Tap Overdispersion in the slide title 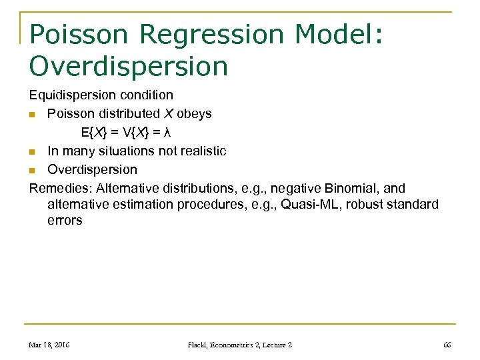[129, 66]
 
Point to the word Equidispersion [73, 95]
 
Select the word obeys [194, 114]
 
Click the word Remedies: [61, 189]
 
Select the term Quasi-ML [309, 205]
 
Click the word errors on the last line [65, 221]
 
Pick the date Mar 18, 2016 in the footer [50, 345]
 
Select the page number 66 [447, 345]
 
